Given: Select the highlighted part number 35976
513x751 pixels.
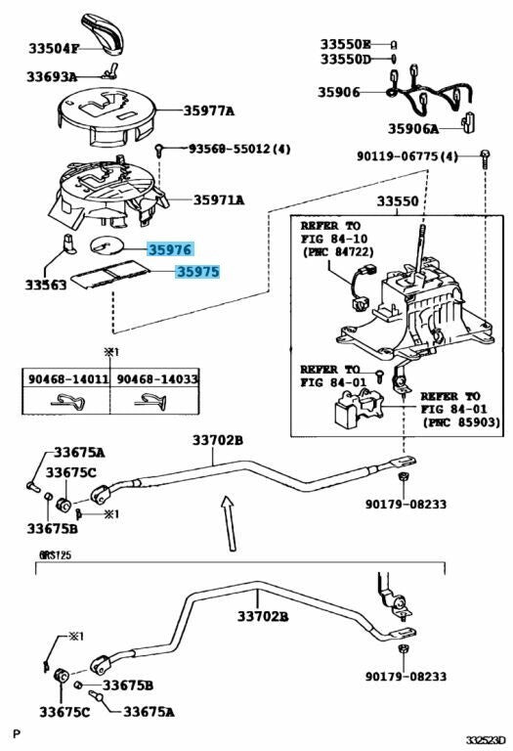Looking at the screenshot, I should [170, 250].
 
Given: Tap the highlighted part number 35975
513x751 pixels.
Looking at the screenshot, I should [197, 275].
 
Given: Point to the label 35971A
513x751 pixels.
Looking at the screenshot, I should [218, 199].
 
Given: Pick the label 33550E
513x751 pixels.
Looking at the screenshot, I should [346, 44].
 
